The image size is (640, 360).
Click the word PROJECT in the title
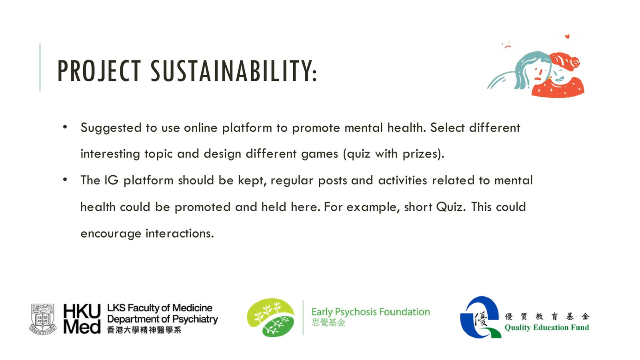click(99, 71)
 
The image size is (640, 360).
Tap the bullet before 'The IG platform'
click(65, 180)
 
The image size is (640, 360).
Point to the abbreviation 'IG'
click(112, 180)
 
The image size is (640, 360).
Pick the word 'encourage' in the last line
click(111, 234)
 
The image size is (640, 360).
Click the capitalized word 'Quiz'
click(450, 207)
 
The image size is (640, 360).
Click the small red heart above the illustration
click(567, 36)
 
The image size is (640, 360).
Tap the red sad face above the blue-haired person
click(508, 45)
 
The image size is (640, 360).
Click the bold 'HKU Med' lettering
click(82, 319)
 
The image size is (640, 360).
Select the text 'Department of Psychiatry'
click(162, 319)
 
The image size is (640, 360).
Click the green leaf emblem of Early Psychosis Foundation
click(270, 318)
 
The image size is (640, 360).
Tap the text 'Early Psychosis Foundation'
click(370, 312)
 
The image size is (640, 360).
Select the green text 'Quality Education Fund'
click(546, 328)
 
